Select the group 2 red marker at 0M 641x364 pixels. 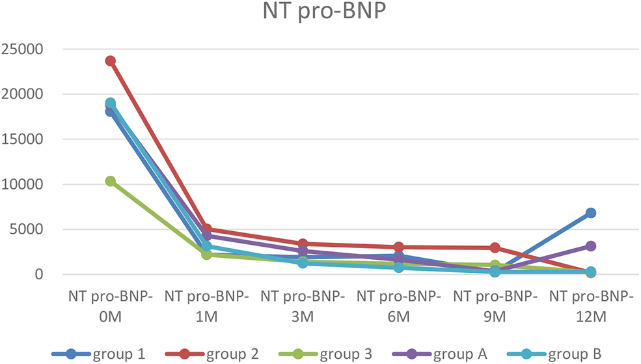click(x=111, y=61)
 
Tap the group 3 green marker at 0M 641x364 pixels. click(x=111, y=181)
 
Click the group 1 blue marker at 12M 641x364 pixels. click(x=591, y=213)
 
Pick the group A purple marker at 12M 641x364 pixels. click(x=591, y=246)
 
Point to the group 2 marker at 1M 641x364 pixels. click(x=207, y=229)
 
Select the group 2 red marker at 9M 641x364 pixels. click(x=495, y=247)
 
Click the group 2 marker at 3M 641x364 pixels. click(x=303, y=244)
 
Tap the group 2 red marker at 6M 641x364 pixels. click(x=399, y=247)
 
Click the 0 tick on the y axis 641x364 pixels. click(x=39, y=274)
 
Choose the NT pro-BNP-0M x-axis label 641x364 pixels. click(x=111, y=306)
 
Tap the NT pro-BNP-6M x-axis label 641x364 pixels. click(x=399, y=306)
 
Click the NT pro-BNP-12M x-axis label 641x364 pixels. click(x=591, y=306)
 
